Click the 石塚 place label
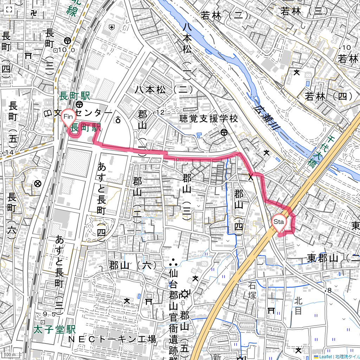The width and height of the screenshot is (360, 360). point(252,290)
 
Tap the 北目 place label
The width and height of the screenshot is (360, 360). point(298,306)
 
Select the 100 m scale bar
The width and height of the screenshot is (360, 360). point(11,354)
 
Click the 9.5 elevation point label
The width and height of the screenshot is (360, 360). point(50,314)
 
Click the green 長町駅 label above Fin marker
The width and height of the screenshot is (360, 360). point(75,96)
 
